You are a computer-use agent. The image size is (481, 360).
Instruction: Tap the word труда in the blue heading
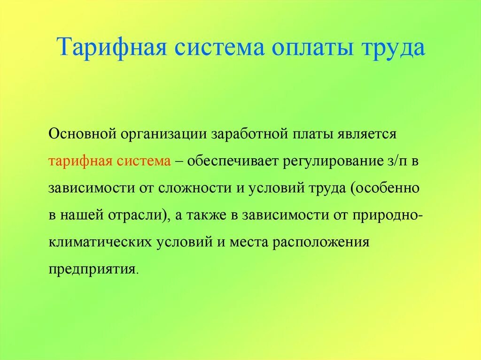(393, 47)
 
